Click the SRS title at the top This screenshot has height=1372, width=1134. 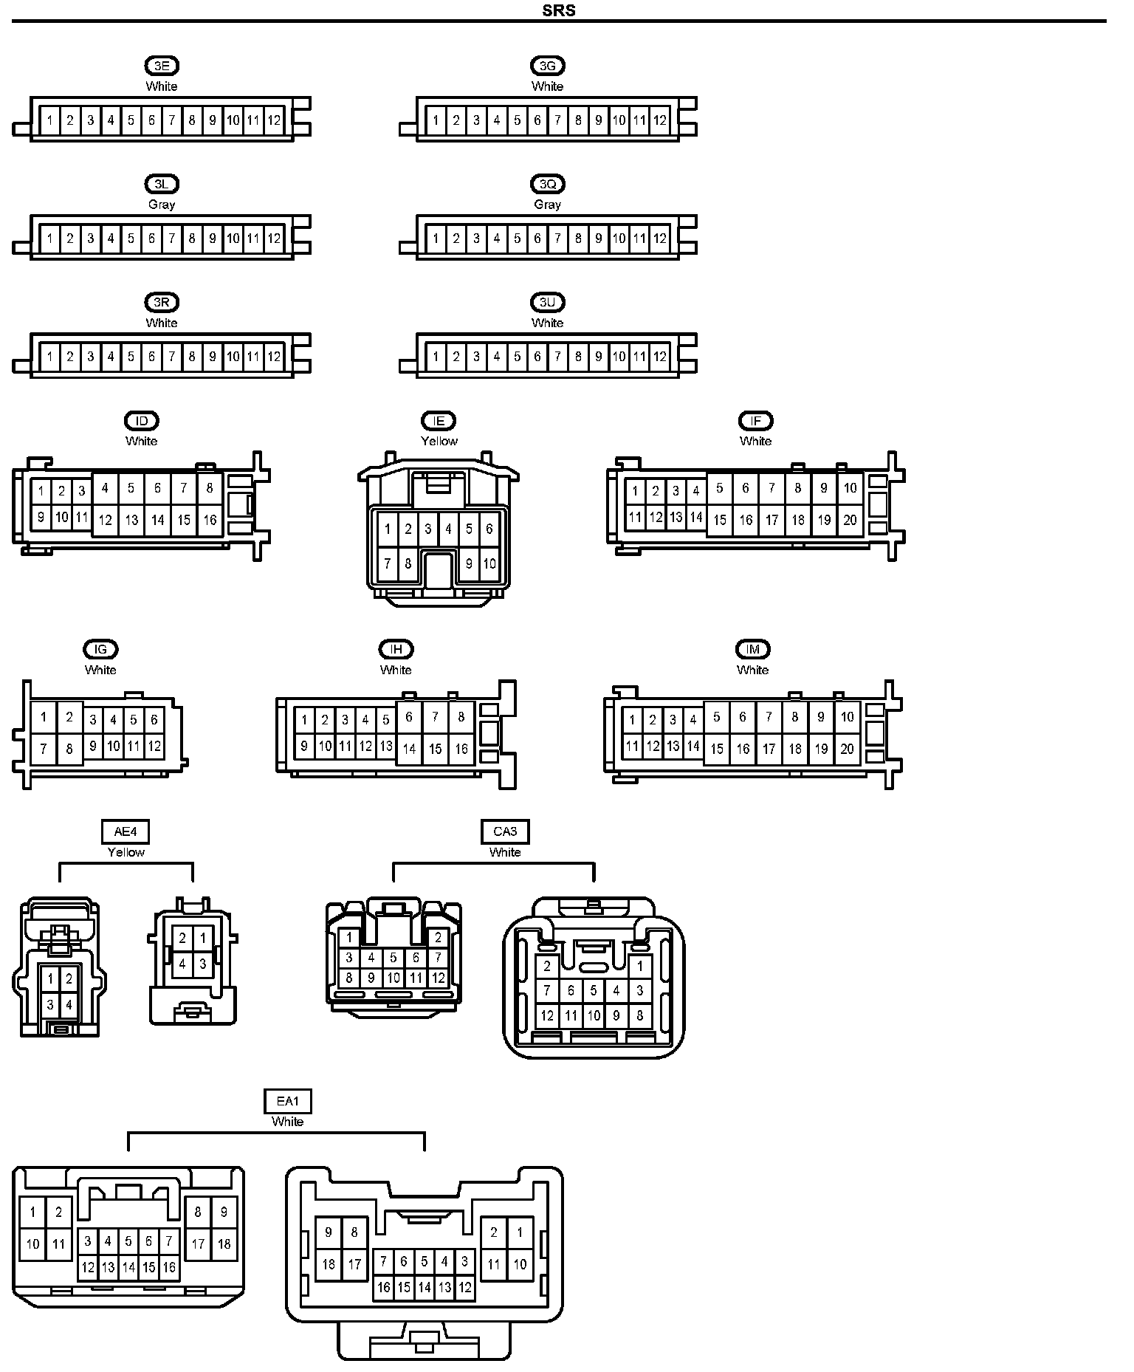click(x=558, y=10)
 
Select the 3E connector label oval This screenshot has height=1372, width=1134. click(x=162, y=66)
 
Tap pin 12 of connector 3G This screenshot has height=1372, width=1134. click(x=660, y=120)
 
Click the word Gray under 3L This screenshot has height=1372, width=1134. click(x=162, y=205)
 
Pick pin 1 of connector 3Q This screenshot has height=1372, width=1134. click(x=436, y=239)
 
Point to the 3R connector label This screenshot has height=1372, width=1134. click(x=162, y=302)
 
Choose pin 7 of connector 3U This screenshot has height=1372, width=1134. click(x=557, y=357)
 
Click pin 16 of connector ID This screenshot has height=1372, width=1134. click(x=210, y=520)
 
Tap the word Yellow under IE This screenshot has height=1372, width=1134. click(x=439, y=441)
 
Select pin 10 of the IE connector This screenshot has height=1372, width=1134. click(x=489, y=564)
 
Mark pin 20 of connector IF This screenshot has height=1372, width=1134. click(x=850, y=520)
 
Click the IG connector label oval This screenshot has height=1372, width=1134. click(x=100, y=649)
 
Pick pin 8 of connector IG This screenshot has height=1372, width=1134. click(x=69, y=750)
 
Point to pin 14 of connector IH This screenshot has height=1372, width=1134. click(x=409, y=749)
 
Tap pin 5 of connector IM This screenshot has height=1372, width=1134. click(x=716, y=717)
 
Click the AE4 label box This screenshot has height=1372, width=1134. click(x=126, y=831)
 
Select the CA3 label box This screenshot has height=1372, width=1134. click(x=505, y=831)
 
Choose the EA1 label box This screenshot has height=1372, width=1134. click(x=288, y=1102)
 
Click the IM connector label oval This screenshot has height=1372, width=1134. click(x=752, y=649)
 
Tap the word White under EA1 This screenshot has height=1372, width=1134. click(x=288, y=1122)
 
